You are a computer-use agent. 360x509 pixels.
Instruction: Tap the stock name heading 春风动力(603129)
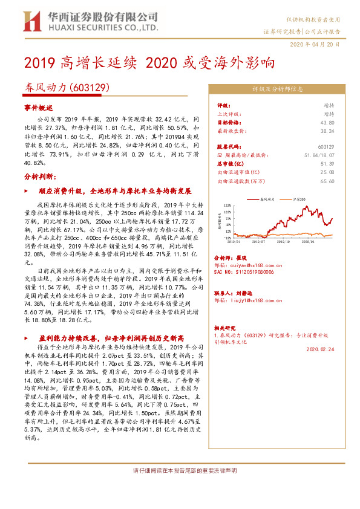(x=66, y=88)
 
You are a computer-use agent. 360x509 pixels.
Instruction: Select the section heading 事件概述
(x=38, y=106)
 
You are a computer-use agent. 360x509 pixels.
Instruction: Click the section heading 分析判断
(x=40, y=176)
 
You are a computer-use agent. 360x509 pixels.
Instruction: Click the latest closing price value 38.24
(x=328, y=130)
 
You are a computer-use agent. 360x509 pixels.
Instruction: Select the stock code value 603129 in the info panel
(x=326, y=147)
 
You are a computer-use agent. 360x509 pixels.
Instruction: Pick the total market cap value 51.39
(x=327, y=164)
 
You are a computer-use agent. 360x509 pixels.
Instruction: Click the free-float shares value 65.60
(x=327, y=181)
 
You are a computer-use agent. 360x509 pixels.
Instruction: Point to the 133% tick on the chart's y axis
(x=227, y=206)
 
